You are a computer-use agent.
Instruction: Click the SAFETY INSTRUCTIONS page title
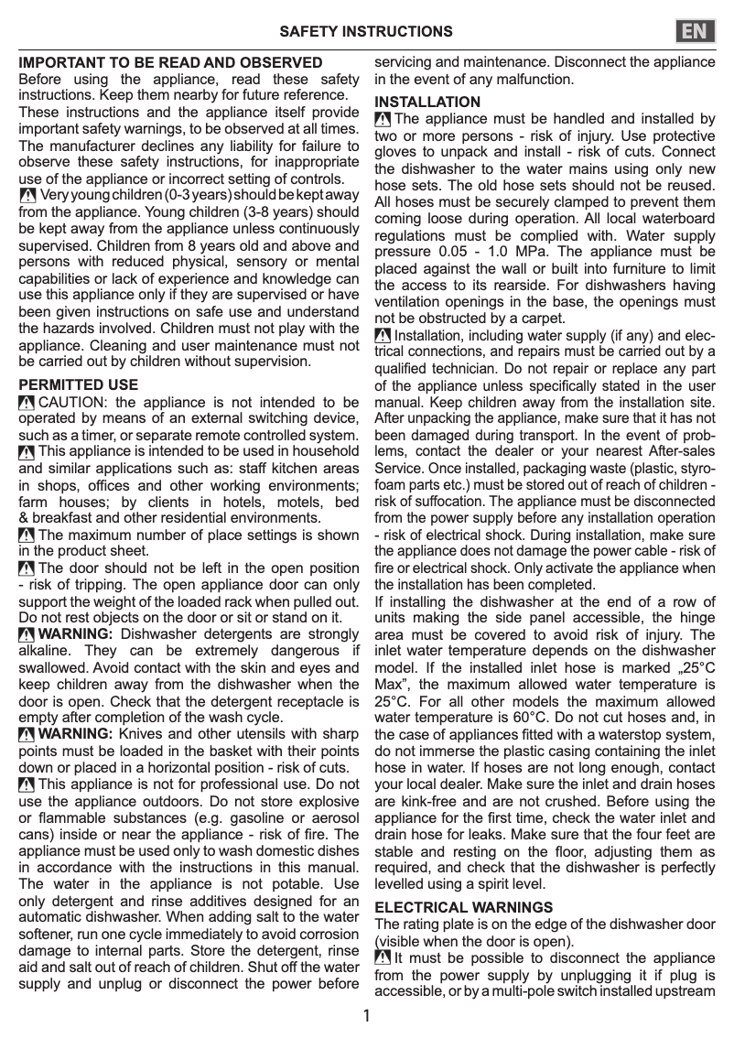point(366,31)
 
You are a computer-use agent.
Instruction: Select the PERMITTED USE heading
point(79,384)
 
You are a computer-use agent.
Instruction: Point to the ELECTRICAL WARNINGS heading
point(464,907)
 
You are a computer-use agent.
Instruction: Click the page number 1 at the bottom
point(366,1016)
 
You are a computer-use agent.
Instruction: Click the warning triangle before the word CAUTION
point(27,402)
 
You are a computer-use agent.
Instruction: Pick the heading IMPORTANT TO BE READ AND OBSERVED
point(171,63)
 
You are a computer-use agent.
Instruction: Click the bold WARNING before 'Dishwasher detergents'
point(76,634)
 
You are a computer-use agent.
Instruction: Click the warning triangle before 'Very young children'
point(27,196)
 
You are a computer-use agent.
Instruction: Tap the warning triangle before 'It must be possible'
point(383,958)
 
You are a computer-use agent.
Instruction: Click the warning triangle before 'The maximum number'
point(27,535)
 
